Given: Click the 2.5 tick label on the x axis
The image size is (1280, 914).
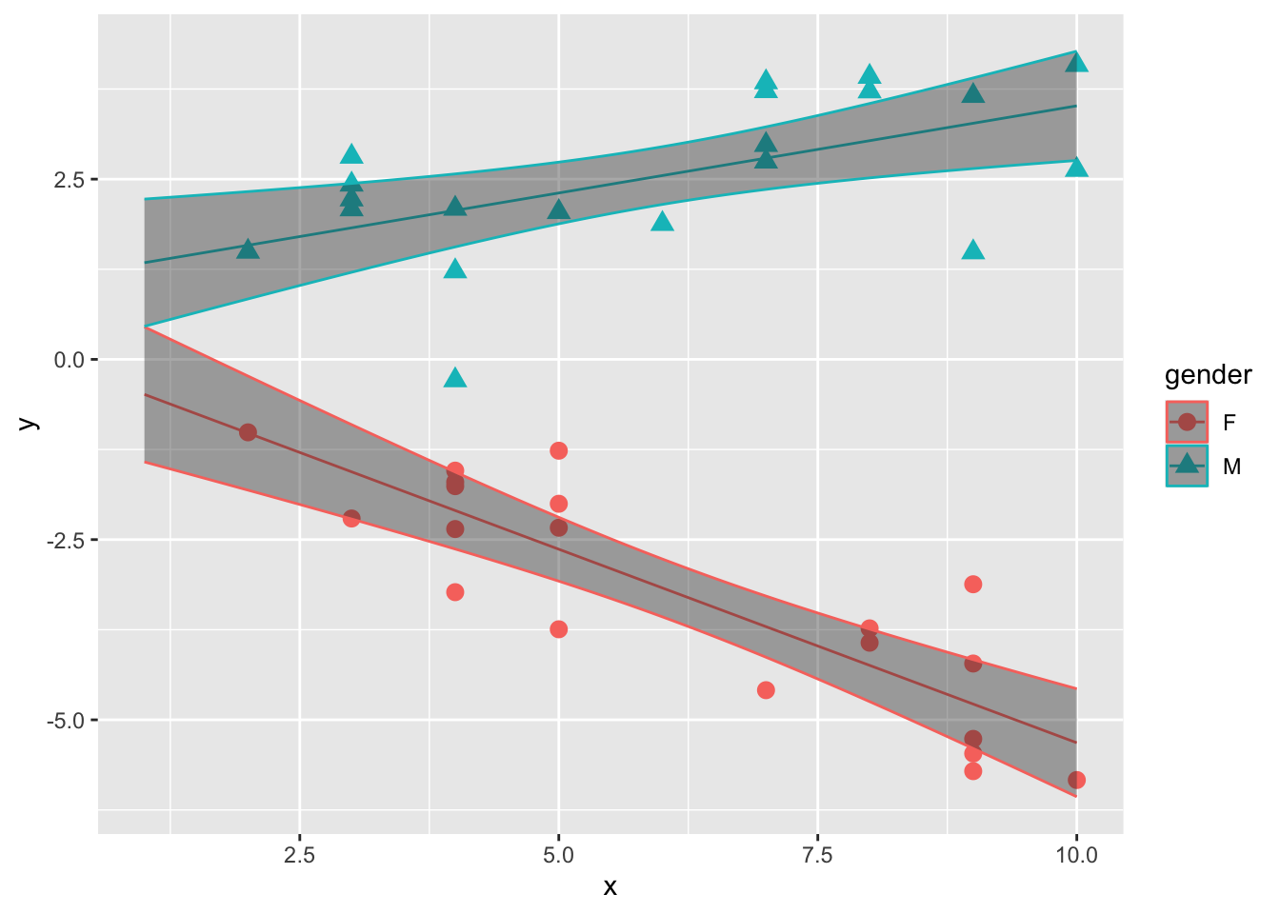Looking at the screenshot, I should click(x=299, y=855).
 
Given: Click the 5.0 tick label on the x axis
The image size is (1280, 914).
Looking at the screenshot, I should click(x=558, y=855).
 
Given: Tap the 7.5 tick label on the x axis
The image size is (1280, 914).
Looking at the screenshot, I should click(x=817, y=855).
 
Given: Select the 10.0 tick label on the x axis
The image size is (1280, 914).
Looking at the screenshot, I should click(x=1076, y=855).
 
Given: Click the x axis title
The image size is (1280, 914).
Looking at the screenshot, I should click(x=610, y=887).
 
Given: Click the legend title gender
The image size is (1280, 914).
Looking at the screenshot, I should click(x=1208, y=375).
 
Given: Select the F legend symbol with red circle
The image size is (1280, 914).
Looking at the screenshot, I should click(x=1187, y=422).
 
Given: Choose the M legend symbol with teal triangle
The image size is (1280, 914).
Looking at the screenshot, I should click(x=1187, y=466).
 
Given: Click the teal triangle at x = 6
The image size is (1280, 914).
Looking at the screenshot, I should click(x=662, y=222).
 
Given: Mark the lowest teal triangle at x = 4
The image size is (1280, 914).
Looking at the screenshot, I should click(x=455, y=378).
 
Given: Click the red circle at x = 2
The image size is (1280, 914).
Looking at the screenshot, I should click(x=248, y=432).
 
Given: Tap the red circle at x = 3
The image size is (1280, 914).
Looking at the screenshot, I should click(x=351, y=518).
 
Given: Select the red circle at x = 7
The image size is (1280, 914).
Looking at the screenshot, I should click(x=766, y=690).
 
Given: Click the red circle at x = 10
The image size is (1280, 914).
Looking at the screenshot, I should click(x=1076, y=780).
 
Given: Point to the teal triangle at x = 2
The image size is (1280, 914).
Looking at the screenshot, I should click(x=248, y=249).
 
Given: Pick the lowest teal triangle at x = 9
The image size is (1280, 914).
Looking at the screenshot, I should click(x=972, y=250).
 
